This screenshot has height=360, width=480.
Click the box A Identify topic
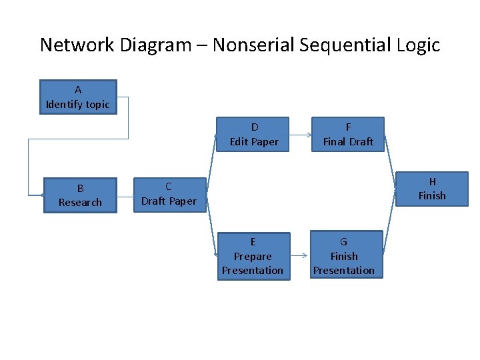[x=78, y=97]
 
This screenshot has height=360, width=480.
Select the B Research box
[x=80, y=195]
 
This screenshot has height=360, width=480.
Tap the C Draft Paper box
[x=169, y=194]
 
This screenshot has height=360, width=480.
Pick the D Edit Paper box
[x=253, y=134]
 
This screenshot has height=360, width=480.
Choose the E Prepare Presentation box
[x=253, y=256]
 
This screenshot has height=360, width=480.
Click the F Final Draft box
[x=348, y=134]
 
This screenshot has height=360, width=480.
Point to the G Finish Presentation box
[x=344, y=256]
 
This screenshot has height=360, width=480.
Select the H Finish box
[x=432, y=189]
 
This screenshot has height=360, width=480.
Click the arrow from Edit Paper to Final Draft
[x=301, y=135]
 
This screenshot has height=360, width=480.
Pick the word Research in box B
[x=80, y=202]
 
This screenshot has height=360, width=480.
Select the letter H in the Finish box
[x=432, y=181]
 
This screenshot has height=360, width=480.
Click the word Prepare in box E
[x=253, y=256]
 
